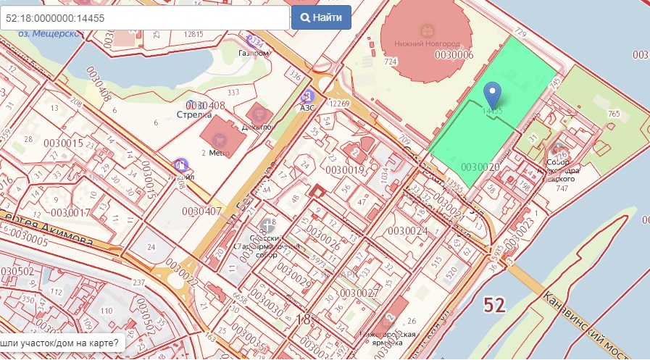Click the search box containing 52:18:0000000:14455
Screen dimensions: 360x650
pos(145,17)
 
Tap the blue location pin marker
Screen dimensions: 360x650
pos(493,95)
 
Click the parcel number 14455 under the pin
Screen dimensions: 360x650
pos(493,112)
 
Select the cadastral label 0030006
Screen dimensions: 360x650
pos(454,55)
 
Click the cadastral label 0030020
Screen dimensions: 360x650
pos(480,167)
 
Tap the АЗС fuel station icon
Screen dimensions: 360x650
pos(307,95)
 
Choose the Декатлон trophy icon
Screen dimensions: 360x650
pos(256,112)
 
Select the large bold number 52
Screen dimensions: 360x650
pos(493,305)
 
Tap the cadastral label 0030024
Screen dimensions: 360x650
pos(409,231)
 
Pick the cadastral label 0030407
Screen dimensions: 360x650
pos(202,212)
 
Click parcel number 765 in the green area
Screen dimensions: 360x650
pos(615,114)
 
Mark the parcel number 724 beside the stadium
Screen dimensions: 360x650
pos(391,62)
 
